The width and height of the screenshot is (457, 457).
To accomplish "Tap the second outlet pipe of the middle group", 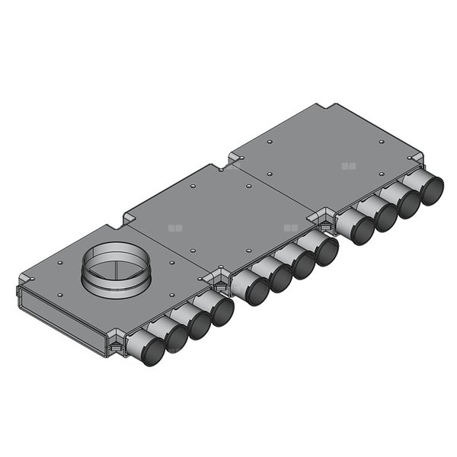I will [277, 277].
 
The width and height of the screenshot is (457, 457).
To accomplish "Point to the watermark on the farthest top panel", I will [348, 165].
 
